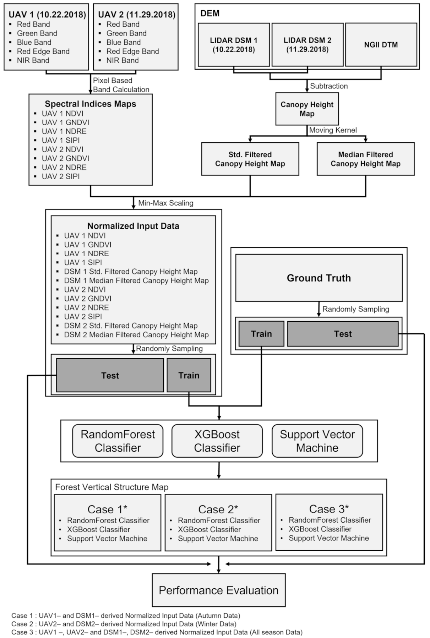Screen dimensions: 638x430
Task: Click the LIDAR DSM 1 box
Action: (234, 45)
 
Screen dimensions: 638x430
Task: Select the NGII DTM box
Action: (381, 45)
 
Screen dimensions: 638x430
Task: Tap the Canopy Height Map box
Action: (307, 109)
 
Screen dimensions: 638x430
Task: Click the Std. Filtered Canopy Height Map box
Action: (250, 159)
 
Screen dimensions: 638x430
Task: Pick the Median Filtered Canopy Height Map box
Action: (365, 159)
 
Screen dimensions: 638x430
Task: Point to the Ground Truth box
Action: (319, 278)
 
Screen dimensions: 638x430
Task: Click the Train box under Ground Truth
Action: (261, 334)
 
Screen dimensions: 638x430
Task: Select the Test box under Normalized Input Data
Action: (110, 375)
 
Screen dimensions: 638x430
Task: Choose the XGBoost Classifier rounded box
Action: (217, 441)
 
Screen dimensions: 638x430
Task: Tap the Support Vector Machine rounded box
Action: (317, 441)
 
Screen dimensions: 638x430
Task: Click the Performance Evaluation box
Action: (218, 590)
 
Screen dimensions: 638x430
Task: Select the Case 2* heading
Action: (218, 509)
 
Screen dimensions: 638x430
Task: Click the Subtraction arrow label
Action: (329, 86)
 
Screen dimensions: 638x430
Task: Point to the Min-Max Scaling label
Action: (166, 203)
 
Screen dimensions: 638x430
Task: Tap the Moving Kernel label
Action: (333, 130)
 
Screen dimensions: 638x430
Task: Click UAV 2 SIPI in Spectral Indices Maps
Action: (61, 176)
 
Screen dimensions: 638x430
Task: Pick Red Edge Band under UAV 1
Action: (43, 51)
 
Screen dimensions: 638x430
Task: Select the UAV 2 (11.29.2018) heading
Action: (137, 15)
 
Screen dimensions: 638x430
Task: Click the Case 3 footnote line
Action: (157, 632)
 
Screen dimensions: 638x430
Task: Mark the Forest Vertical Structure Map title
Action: (111, 487)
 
